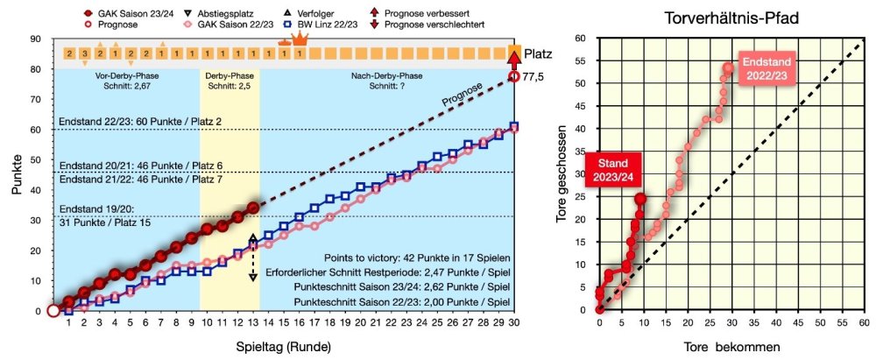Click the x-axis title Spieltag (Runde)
(284, 346)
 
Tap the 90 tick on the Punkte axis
(36, 39)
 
